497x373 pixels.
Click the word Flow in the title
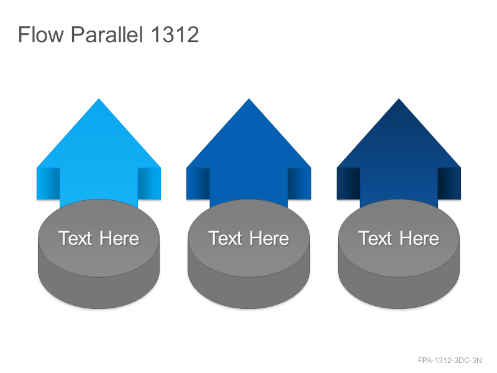point(41,34)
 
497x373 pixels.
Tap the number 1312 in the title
point(175,34)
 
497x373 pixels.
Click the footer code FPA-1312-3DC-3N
point(450,361)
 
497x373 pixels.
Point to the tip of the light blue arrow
point(99,99)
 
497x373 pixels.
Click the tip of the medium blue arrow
point(249,99)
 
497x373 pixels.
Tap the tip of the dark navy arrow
point(399,99)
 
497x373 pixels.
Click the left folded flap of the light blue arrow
point(48,183)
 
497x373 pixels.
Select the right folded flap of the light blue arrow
point(149,183)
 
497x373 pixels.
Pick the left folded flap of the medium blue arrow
point(198,183)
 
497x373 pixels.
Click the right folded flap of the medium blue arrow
point(299,183)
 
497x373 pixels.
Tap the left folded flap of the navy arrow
point(349,183)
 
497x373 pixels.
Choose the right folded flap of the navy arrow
point(449,183)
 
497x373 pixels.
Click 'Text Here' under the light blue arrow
point(99,238)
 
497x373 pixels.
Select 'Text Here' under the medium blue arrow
point(249,238)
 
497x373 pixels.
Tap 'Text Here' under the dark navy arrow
point(399,238)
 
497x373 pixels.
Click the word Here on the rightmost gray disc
point(419,238)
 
